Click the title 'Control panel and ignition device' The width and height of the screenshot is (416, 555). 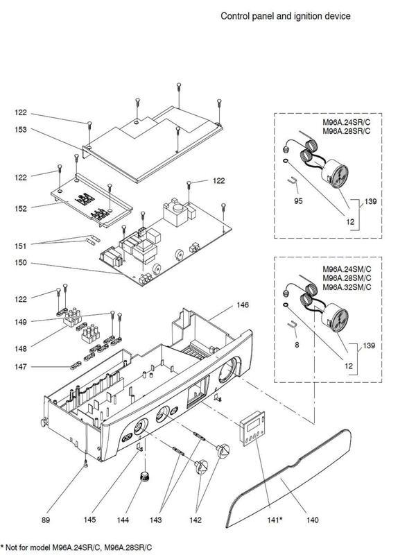coord(285,15)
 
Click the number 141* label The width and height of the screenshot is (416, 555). coord(276,518)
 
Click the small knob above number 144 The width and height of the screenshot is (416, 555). coord(145,475)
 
